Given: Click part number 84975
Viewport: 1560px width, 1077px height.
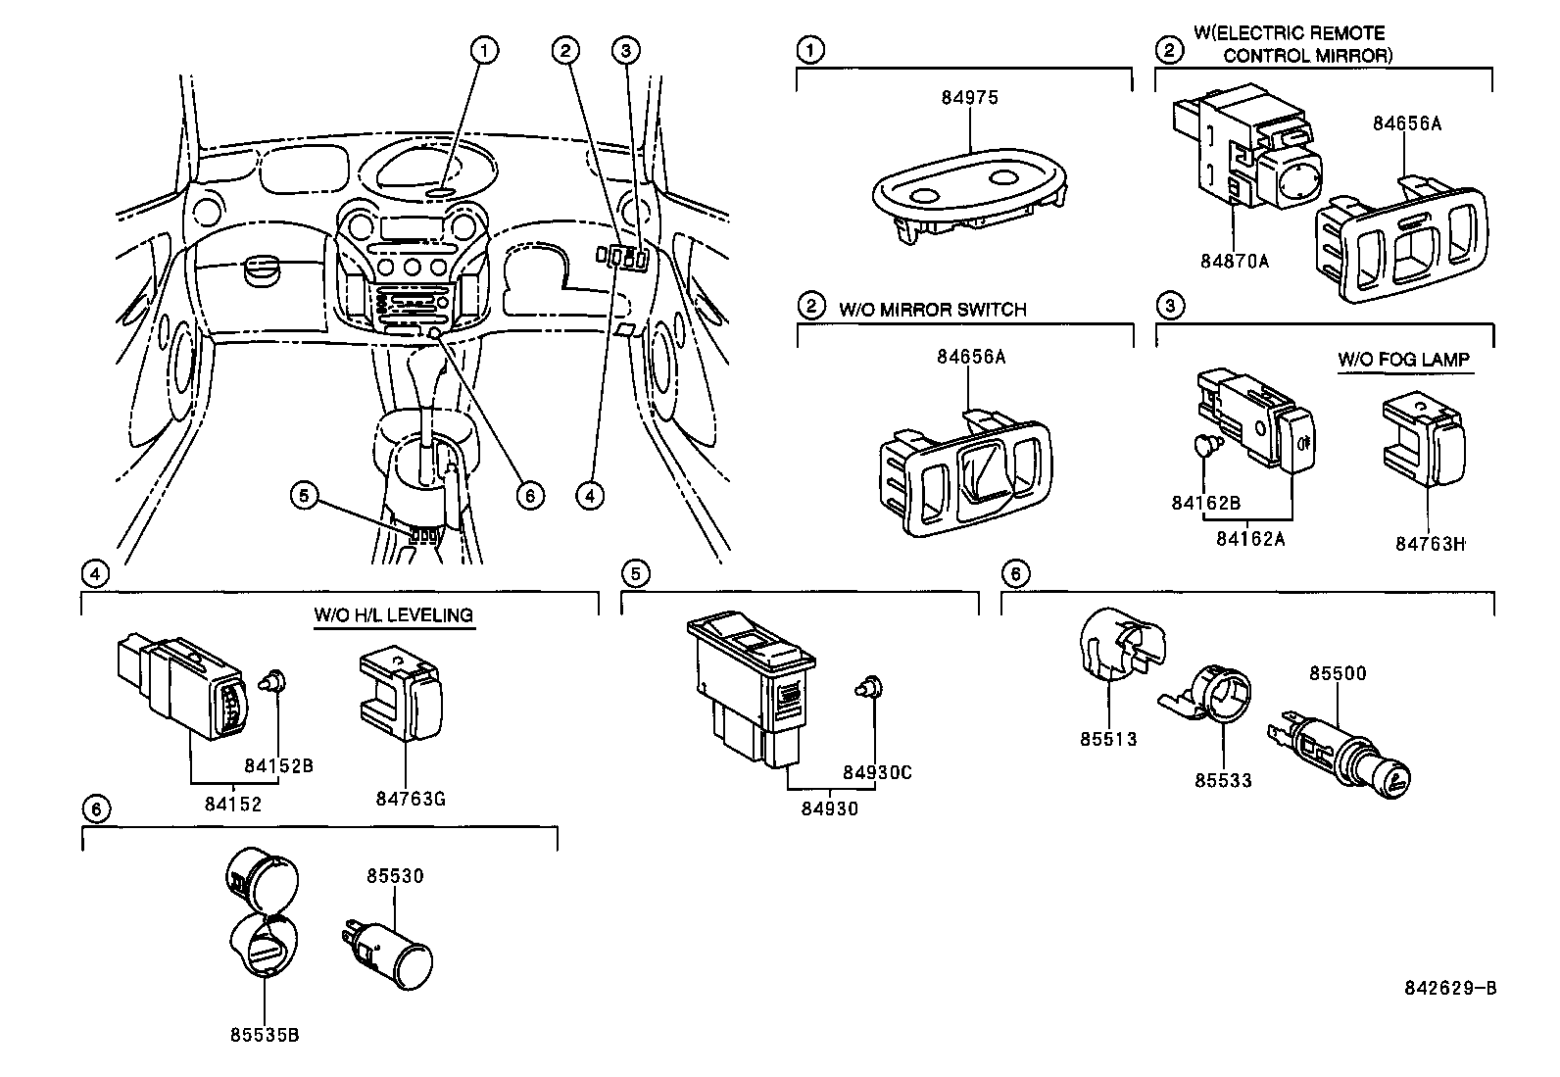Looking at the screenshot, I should [x=968, y=98].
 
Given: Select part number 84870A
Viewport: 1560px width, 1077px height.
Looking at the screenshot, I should [x=1234, y=261].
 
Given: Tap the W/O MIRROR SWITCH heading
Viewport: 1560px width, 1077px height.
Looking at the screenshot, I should [x=932, y=310].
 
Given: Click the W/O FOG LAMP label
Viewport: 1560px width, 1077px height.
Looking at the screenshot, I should [x=1403, y=360].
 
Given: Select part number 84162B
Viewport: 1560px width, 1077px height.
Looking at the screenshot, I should [x=1205, y=503].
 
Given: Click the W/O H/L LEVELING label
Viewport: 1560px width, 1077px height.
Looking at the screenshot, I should [x=393, y=615].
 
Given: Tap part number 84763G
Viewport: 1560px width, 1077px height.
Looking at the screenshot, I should [x=411, y=799].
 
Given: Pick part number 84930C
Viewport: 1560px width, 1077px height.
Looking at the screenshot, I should [x=878, y=772].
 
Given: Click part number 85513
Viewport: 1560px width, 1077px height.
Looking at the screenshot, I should [x=1108, y=739].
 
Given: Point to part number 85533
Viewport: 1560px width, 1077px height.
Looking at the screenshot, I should [x=1223, y=780].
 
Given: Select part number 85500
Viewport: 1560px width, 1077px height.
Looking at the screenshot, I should [x=1338, y=674].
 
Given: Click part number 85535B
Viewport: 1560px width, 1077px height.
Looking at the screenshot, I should [x=266, y=1035].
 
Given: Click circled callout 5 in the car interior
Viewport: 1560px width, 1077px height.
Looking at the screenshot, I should [x=304, y=496].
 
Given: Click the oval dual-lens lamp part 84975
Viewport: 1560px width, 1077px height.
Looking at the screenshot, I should [x=965, y=191].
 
